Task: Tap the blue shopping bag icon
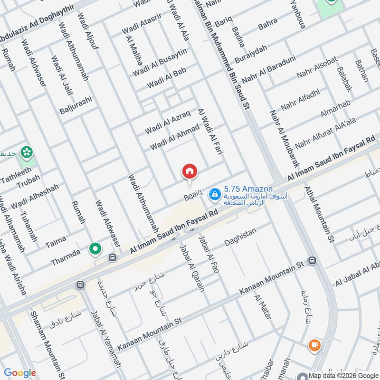(215, 193)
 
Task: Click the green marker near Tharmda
(95, 248)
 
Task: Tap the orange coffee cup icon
(313, 345)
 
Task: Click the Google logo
(20, 373)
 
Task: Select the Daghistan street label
(240, 237)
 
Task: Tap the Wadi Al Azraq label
(168, 122)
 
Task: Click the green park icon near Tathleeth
(27, 152)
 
